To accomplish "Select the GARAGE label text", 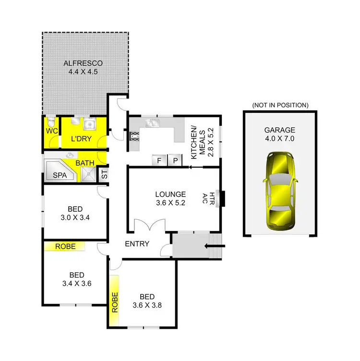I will click(279, 130).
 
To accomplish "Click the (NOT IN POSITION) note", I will click(280, 105).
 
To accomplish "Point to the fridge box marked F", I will click(159, 160).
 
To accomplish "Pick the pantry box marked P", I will click(175, 160).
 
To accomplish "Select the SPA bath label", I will click(60, 176).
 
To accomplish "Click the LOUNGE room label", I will click(170, 194).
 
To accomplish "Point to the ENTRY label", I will click(137, 244).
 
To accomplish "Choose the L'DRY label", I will click(81, 139).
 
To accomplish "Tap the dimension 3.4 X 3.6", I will click(76, 283).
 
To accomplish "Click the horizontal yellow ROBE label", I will click(64, 246).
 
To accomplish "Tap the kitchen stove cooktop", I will click(134, 137).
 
